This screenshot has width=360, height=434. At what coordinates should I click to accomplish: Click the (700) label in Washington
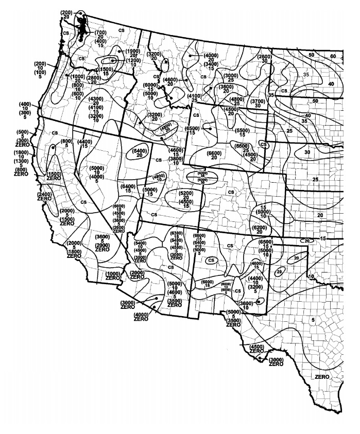(100, 32)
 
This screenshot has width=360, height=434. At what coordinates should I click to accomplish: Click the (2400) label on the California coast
(44, 194)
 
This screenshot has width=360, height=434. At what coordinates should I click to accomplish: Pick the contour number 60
(333, 56)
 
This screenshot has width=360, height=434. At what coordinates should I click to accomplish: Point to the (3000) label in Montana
(231, 76)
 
